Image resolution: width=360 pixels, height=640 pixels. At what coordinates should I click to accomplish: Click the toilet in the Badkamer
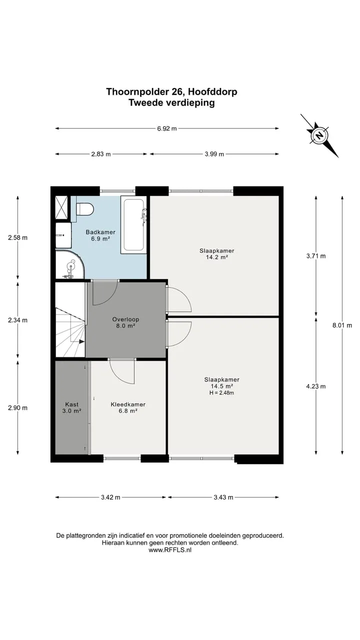(85, 209)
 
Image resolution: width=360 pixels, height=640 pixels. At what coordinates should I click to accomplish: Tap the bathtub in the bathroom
(133, 224)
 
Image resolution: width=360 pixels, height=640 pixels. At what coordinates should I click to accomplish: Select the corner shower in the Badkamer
(69, 264)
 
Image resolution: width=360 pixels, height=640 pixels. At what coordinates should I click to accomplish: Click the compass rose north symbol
(319, 135)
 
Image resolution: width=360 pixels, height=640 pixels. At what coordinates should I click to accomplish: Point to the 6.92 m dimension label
(167, 128)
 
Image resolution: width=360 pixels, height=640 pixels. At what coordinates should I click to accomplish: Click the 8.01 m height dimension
(342, 325)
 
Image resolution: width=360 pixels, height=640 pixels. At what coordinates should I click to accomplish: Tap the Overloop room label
(125, 319)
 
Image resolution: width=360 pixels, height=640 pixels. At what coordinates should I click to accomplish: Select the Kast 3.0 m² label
(71, 407)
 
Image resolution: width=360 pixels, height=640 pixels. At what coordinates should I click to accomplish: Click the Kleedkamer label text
(128, 404)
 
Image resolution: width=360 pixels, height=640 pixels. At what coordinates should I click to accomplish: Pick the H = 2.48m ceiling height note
(221, 393)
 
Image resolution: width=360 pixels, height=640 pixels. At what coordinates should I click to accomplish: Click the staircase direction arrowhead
(81, 341)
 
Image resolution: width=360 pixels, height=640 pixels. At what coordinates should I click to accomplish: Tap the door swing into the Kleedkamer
(122, 371)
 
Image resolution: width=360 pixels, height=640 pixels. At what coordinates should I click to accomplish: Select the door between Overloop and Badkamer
(105, 293)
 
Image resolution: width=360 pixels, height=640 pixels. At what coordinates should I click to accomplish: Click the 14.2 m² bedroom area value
(217, 257)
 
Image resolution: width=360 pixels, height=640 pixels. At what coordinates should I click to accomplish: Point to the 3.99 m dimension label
(214, 154)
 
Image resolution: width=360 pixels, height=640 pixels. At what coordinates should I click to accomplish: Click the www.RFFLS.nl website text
(170, 549)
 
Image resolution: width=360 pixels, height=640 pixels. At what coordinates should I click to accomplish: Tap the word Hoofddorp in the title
(212, 91)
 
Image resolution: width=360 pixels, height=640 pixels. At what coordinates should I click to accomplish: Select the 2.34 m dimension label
(17, 320)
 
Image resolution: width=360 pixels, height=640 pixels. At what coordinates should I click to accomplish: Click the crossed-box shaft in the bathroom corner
(61, 207)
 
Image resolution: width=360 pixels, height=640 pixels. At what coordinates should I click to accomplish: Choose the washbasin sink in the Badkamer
(63, 235)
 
